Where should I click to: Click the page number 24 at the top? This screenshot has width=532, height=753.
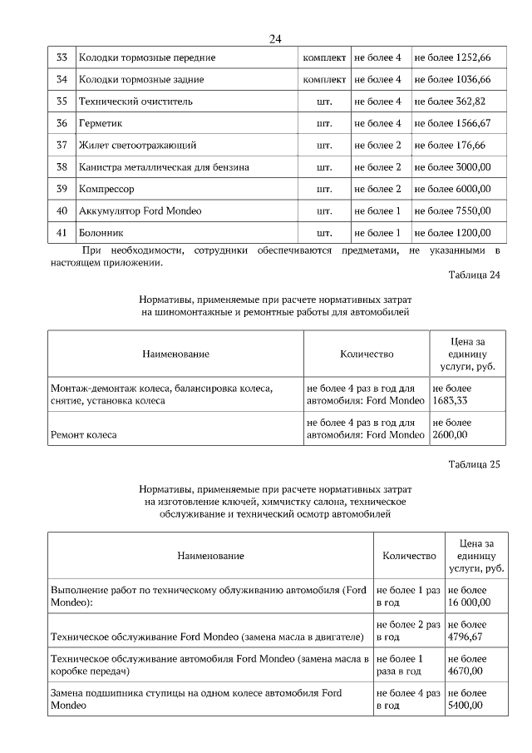275,38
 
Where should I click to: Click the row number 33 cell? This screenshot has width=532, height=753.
62,57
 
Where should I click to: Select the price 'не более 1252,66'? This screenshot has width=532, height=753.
452,57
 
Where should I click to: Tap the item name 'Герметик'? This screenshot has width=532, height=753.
101,123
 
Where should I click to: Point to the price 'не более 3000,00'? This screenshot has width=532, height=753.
452,167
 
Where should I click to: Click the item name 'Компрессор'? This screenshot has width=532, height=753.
106,189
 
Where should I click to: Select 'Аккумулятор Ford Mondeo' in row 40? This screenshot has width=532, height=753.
140,211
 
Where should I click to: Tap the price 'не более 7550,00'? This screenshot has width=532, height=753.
452,211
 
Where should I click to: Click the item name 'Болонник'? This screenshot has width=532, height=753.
102,233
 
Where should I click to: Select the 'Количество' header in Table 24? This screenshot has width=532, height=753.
367,354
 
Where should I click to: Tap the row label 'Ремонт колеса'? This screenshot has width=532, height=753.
84,434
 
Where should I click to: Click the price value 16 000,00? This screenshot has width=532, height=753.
468,602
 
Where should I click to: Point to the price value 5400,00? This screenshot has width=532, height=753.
465,705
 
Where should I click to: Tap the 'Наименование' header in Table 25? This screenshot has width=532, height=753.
210,555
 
